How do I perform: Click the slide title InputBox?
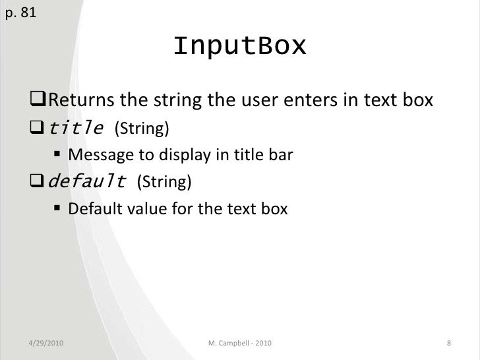point(240,46)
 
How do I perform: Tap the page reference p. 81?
point(20,13)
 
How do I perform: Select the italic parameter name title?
point(76,128)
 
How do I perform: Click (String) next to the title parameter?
point(138,129)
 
